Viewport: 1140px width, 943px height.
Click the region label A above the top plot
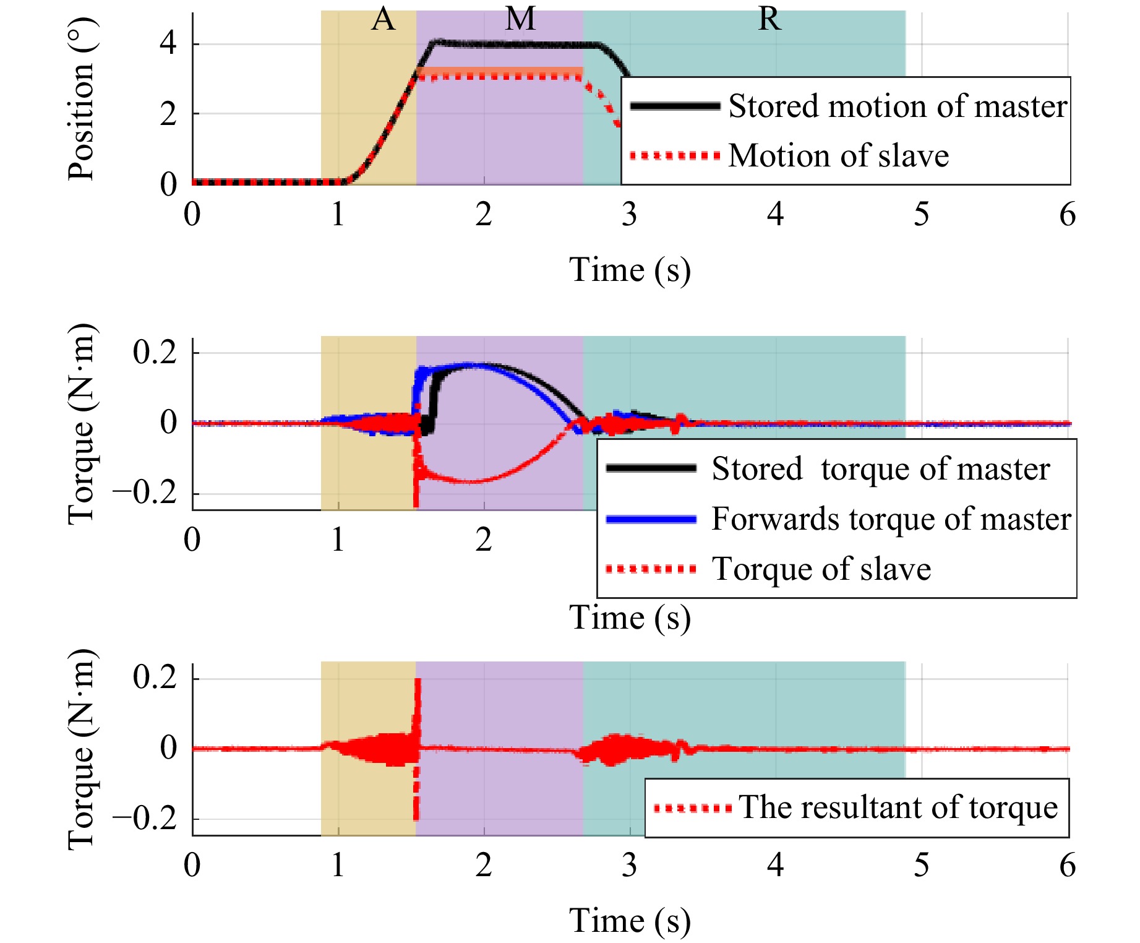pos(383,20)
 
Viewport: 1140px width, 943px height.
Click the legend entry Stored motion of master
pos(897,106)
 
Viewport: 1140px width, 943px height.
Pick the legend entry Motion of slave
pos(838,155)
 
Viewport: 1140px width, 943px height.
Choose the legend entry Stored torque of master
pos(880,468)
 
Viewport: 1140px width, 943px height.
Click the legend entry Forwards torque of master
pos(891,519)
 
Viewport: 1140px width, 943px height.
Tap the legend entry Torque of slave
pos(821,569)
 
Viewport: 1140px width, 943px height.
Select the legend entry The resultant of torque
pos(898,807)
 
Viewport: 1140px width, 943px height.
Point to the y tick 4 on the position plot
pos(168,44)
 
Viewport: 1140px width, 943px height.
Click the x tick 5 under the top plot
pos(921,215)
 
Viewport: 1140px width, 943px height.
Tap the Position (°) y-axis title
pos(81,99)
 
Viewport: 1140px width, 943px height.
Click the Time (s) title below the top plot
pos(630,270)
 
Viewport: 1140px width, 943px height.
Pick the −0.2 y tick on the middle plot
pos(145,494)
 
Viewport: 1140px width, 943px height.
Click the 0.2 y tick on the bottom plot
pos(155,678)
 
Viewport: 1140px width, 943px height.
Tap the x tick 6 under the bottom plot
pos(1067,865)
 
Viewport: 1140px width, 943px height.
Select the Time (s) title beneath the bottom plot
pos(630,921)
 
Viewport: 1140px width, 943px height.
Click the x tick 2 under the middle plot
pos(484,540)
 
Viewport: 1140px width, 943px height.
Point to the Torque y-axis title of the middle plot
pos(81,424)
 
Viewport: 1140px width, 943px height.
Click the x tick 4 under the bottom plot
pos(775,865)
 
